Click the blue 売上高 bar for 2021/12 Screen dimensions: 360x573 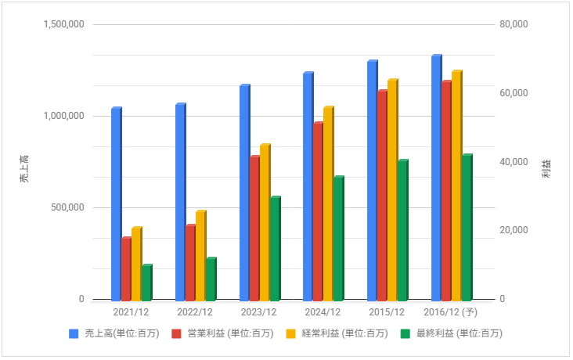pyautogui.click(x=116, y=204)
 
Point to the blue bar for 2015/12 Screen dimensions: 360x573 pyautogui.click(x=372, y=181)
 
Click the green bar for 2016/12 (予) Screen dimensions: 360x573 pyautogui.click(x=467, y=228)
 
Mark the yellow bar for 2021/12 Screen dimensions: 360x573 pyautogui.click(x=136, y=264)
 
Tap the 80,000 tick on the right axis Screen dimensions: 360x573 pyautogui.click(x=514, y=24)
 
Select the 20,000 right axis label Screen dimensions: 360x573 pyautogui.click(x=514, y=230)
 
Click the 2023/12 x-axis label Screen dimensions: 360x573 pyautogui.click(x=259, y=312)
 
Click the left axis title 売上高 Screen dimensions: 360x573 pyautogui.click(x=24, y=168)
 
